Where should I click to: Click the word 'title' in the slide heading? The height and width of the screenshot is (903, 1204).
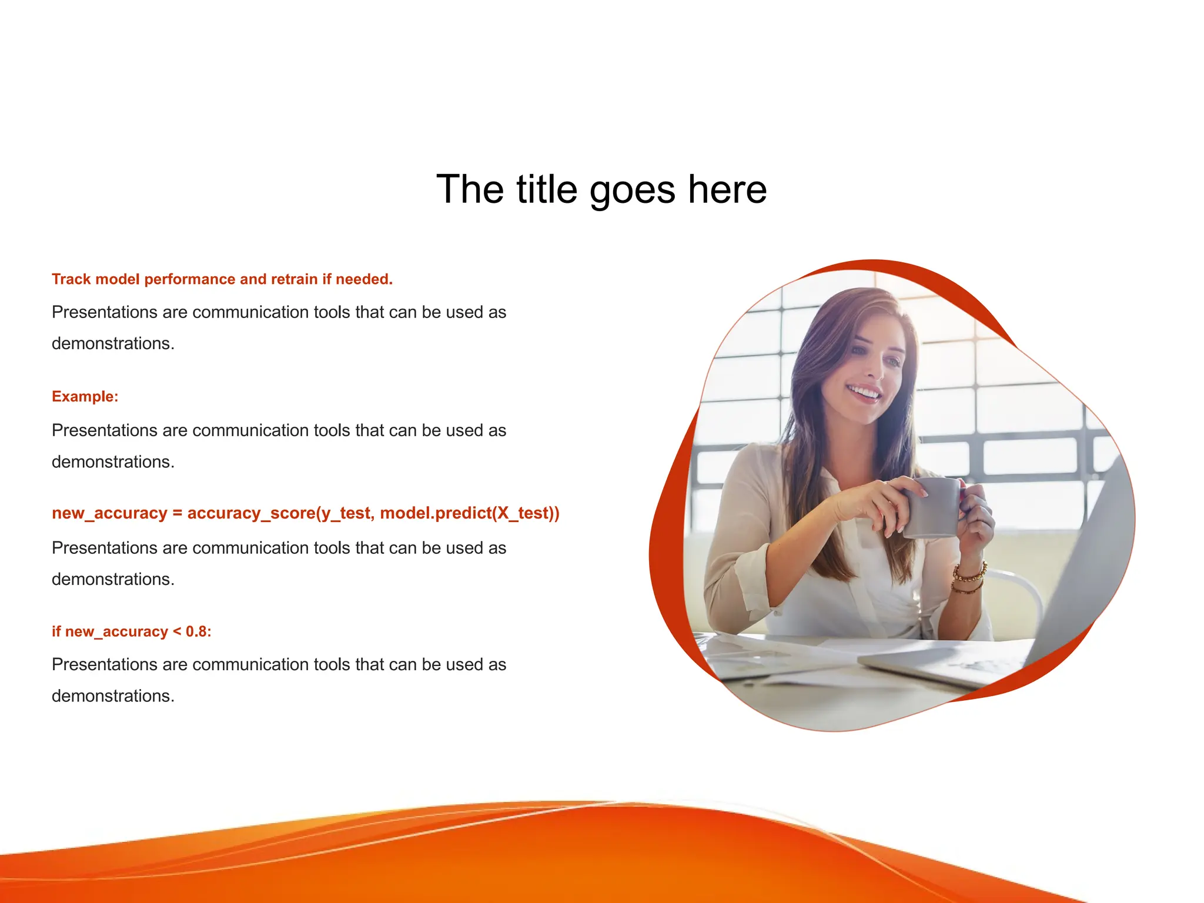547,189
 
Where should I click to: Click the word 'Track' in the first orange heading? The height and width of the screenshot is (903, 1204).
71,279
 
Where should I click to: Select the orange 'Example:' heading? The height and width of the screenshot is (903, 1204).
85,397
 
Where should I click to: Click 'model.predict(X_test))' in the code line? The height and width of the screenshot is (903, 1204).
470,513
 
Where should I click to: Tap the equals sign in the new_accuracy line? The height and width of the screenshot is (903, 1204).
177,513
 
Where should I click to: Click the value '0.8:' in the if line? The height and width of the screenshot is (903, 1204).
198,631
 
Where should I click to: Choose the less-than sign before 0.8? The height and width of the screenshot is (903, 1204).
177,632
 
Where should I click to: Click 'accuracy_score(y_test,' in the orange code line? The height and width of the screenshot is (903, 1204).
280,513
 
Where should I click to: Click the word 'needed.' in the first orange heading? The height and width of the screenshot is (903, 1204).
364,279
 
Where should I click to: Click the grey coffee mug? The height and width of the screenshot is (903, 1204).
932,507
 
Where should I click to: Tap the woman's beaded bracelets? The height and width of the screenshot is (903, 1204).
969,577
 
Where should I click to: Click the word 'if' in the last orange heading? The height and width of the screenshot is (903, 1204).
56,631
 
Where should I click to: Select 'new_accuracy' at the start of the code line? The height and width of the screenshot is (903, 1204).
109,514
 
